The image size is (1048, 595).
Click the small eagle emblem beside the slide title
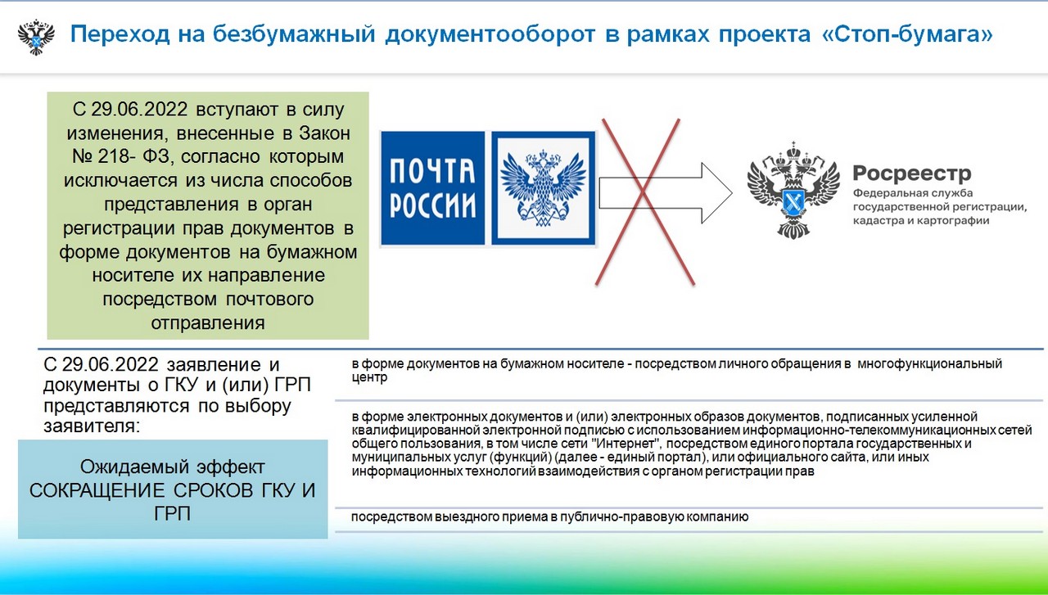pos(36,37)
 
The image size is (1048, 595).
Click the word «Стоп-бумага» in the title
pos(907,34)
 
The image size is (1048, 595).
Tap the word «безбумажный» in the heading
pos(294,34)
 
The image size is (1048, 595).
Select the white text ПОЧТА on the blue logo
pos(432,170)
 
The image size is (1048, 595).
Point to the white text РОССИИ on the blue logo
pos(432,205)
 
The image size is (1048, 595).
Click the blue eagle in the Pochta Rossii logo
pos(543,188)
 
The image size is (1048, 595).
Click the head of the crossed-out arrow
pos(716,192)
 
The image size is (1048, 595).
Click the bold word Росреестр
pos(912,173)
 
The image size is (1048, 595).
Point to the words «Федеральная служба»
pos(913,192)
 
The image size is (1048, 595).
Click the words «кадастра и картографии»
pos(921,220)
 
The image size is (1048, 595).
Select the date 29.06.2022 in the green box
pos(139,110)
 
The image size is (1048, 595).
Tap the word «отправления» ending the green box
pos(208,322)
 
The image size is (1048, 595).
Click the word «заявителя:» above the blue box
pos(92,426)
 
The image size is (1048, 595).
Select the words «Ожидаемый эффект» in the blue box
pos(172,467)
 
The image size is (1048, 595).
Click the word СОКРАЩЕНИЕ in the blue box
pos(97,491)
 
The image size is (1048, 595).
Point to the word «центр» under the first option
pos(369,377)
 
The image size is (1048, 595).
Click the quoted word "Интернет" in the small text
pos(626,444)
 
